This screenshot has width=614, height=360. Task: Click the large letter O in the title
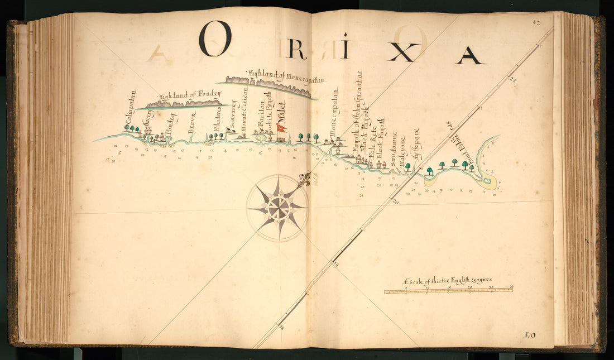215,39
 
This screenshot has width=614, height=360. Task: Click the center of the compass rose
277,207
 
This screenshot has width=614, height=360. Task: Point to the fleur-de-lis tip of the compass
304,180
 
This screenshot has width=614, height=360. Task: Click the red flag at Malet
282,128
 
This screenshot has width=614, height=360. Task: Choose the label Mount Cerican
244,108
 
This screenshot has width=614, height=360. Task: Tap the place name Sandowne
394,147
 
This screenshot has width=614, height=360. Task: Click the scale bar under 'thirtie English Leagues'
448,290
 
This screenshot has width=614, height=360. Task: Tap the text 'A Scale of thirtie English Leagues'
447,281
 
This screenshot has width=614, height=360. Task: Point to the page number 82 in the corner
537,22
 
